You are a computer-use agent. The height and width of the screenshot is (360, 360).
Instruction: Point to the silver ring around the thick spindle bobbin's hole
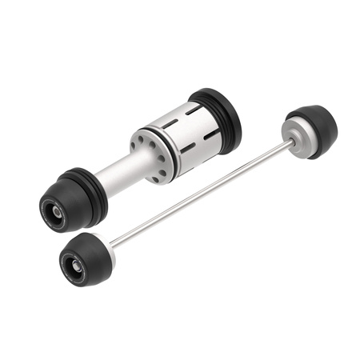pyautogui.click(x=54, y=212)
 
